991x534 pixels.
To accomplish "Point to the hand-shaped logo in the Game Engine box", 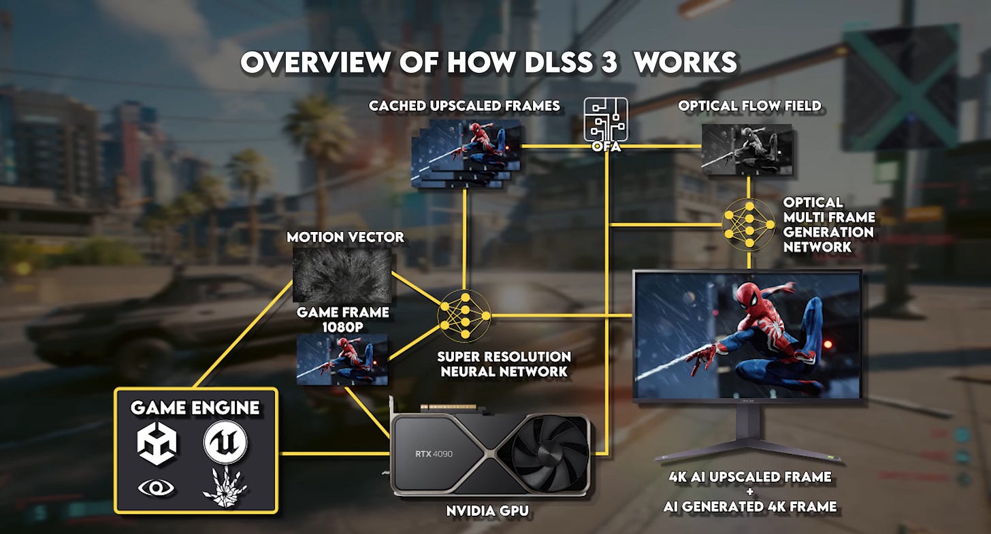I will pyautogui.click(x=224, y=488).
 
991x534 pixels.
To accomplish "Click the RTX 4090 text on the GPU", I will pyautogui.click(x=434, y=454).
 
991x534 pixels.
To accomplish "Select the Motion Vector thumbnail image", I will pyautogui.click(x=342, y=275).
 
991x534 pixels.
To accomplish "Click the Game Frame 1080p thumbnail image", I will pyautogui.click(x=342, y=360).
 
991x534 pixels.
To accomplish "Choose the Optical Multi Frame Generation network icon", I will pyautogui.click(x=749, y=224).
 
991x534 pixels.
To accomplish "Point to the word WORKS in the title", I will pyautogui.click(x=689, y=63).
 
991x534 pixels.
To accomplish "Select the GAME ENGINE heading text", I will pyautogui.click(x=195, y=407).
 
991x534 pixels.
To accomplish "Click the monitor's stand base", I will pyautogui.click(x=748, y=454).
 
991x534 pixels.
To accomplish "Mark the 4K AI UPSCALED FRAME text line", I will pyautogui.click(x=749, y=477).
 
